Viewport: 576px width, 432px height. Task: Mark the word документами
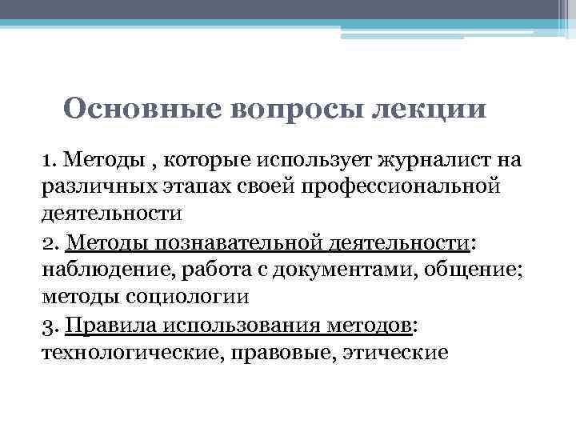[337, 270]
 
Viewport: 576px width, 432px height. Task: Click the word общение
[475, 270]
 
